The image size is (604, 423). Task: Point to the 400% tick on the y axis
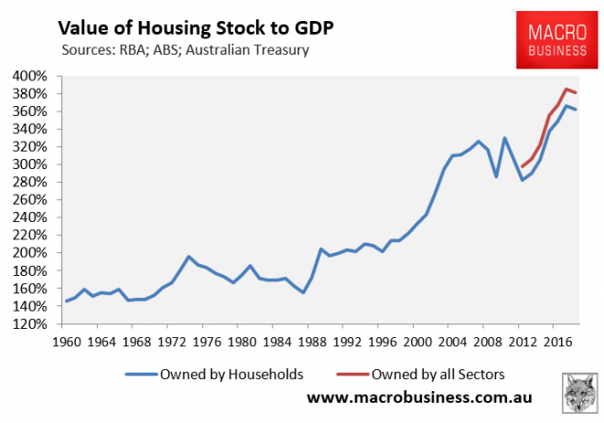37,76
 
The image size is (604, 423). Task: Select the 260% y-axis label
37,200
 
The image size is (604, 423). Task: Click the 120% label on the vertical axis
37,323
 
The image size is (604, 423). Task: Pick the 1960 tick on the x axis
66,342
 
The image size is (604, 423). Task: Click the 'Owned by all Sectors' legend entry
431,374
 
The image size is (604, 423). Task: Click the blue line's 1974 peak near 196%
188,257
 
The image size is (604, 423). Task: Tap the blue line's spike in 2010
504,138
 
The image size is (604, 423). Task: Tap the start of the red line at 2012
521,167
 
